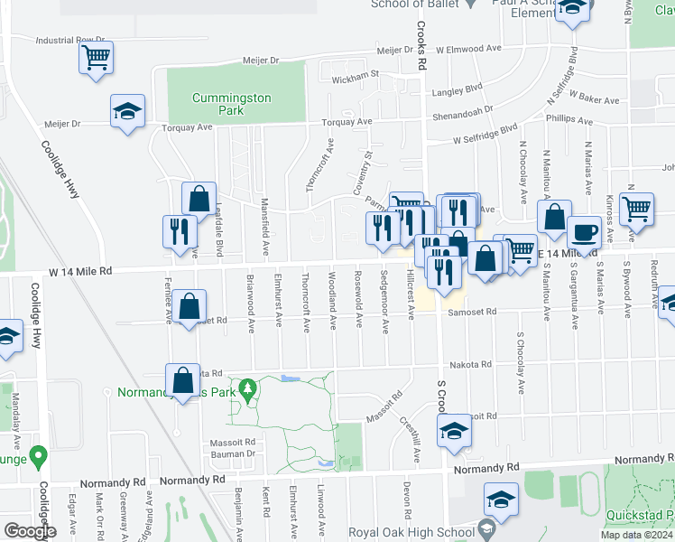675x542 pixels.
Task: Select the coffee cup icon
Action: point(583,233)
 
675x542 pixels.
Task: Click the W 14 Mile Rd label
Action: point(80,270)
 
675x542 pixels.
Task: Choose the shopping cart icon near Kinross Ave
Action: point(638,210)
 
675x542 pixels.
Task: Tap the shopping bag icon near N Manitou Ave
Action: point(554,218)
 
